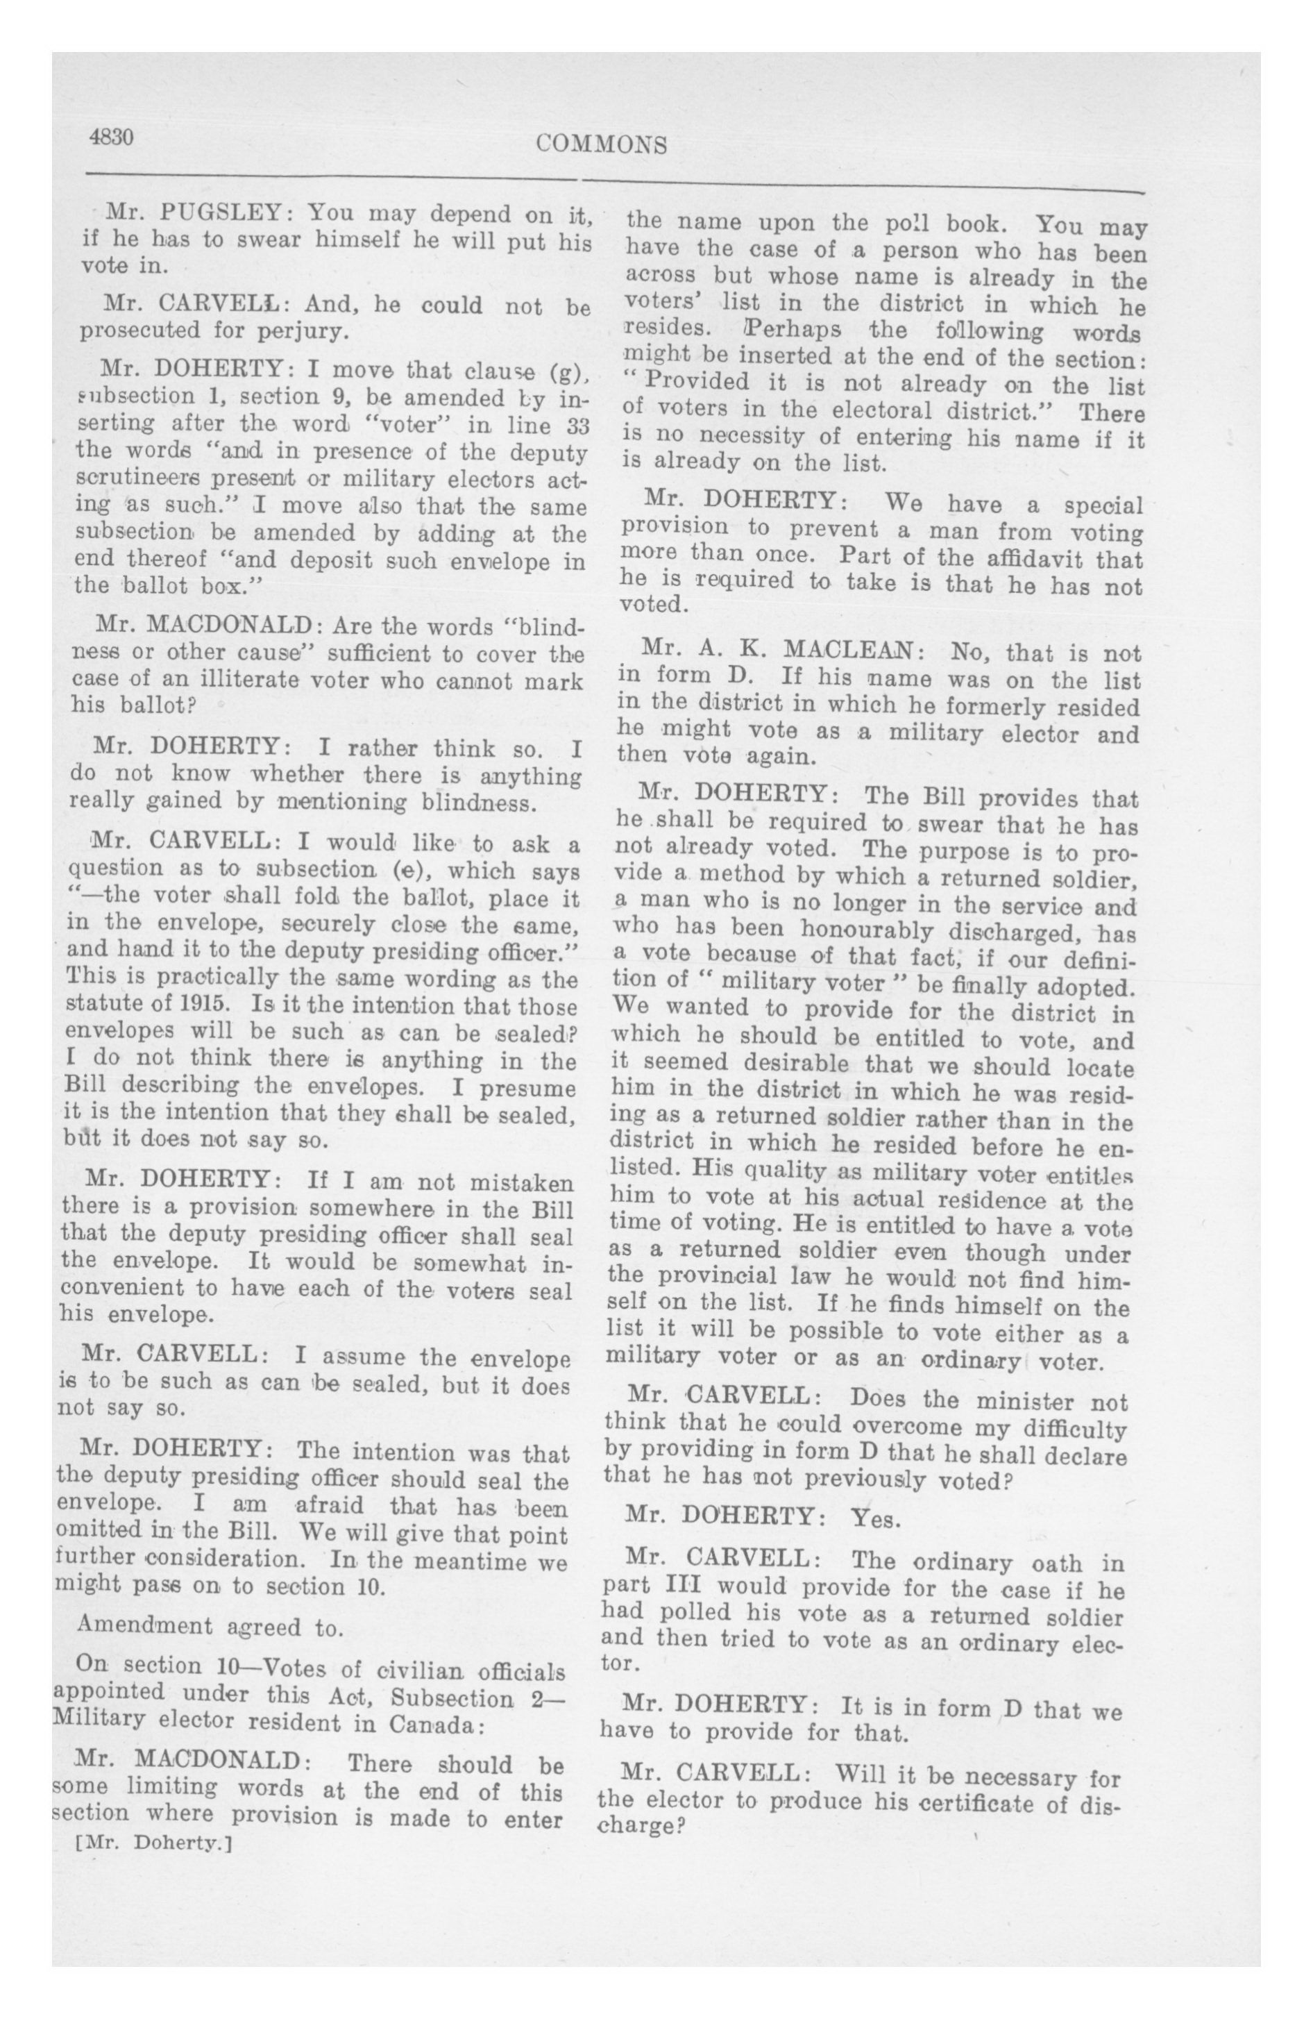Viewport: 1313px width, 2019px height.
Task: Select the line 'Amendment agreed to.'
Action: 210,1626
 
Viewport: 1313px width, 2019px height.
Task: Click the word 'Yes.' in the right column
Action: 874,1518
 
